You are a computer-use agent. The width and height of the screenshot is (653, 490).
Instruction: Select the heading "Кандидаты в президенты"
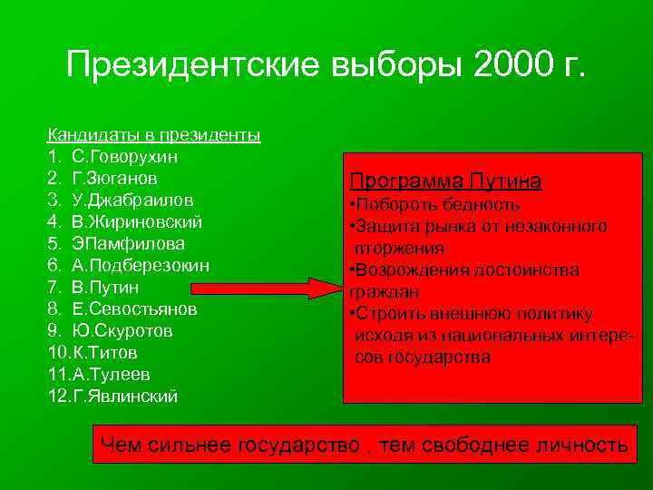coord(154,135)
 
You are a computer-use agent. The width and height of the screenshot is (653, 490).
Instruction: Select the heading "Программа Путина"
coord(445,181)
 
